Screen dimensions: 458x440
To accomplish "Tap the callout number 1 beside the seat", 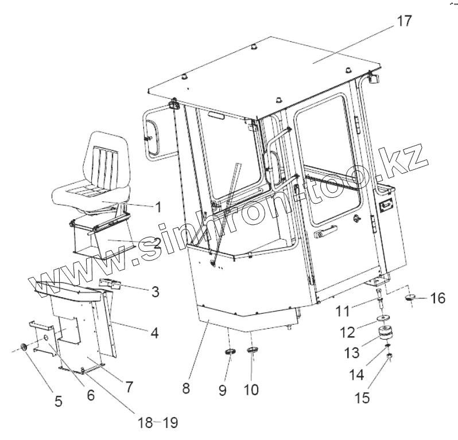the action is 159,205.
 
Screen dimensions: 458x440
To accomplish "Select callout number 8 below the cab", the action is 185,388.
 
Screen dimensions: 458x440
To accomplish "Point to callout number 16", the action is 437,298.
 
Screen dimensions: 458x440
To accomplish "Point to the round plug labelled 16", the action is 411,298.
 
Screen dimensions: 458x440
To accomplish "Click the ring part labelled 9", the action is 229,351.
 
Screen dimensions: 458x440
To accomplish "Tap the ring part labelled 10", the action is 252,351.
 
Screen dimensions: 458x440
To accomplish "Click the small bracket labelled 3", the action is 111,283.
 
